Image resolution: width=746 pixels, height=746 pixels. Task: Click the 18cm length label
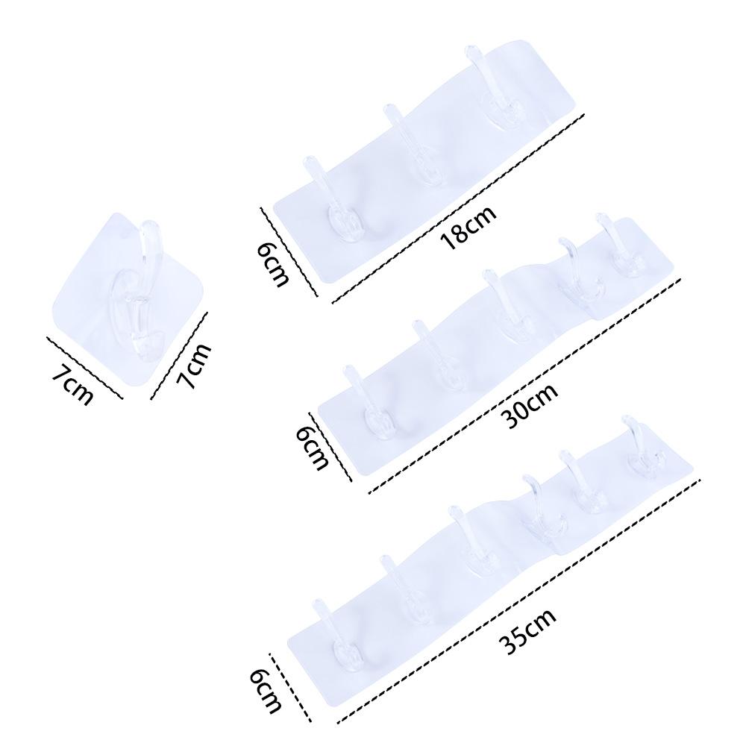pos(468,228)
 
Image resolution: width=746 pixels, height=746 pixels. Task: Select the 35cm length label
pos(527,631)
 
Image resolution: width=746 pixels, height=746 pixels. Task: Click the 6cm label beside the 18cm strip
pos(272,263)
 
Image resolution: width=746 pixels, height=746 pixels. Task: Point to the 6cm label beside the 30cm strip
pos(312,447)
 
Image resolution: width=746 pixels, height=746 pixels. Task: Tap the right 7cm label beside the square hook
pos(193,366)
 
